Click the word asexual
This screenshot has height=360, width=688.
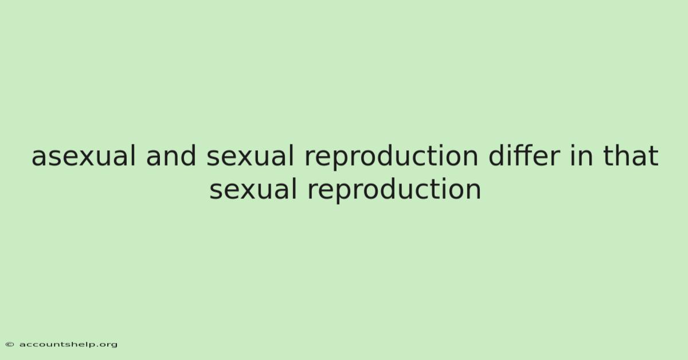point(84,156)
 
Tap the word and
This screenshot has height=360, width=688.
point(171,155)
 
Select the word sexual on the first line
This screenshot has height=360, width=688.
point(251,156)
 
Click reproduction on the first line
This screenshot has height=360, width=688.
point(391,158)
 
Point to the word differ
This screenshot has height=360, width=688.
point(524,155)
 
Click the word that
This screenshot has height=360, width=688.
point(631,155)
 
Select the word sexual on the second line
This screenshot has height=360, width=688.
point(253,190)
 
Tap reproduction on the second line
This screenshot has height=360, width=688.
point(394,191)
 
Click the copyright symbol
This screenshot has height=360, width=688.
point(10,345)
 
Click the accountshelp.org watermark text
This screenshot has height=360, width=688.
point(68,345)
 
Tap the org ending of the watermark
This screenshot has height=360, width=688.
point(108,345)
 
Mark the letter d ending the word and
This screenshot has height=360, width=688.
point(188,155)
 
